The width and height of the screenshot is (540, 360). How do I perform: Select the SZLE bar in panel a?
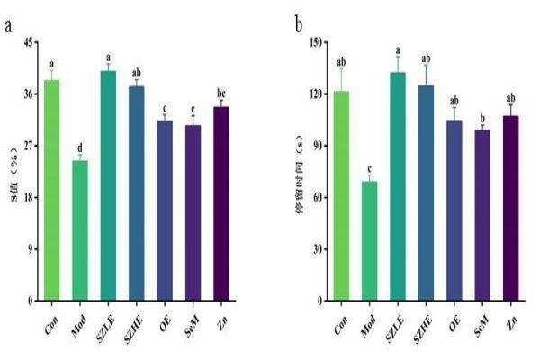coord(108,185)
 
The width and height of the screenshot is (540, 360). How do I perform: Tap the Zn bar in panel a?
coord(220,203)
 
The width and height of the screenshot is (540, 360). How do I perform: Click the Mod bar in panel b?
coord(369,240)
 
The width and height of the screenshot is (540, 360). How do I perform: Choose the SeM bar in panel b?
coord(482,215)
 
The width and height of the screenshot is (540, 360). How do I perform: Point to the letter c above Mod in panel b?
coord(369,166)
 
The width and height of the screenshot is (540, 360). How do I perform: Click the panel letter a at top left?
coord(9,24)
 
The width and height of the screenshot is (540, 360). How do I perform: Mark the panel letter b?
coord(299,22)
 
